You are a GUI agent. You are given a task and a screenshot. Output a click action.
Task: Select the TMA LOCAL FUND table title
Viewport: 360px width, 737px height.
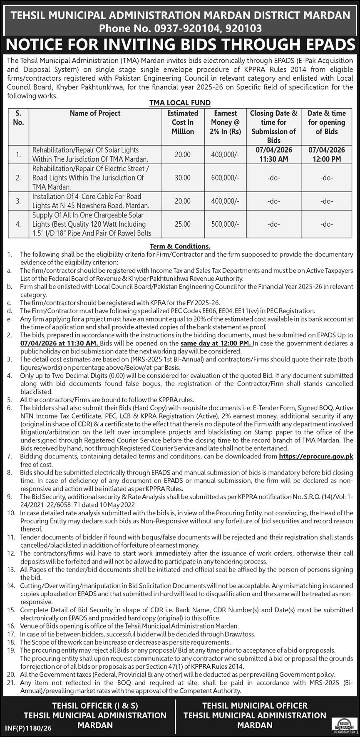coord(180,103)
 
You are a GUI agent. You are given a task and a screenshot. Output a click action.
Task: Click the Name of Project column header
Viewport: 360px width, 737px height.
coord(95,113)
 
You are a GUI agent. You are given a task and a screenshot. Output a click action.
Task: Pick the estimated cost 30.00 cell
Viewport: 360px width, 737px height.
coord(183,178)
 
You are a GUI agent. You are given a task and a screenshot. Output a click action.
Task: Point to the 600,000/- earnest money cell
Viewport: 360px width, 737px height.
coord(225,178)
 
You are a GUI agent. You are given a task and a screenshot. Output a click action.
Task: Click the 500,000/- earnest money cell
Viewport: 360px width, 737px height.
coord(225,224)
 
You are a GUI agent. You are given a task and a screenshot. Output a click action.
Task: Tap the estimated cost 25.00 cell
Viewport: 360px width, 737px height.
coord(183,224)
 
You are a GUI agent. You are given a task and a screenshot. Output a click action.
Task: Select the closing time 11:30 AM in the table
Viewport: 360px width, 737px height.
coord(273,159)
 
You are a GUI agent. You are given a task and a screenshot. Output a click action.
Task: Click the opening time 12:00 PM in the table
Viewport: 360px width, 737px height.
coord(327,159)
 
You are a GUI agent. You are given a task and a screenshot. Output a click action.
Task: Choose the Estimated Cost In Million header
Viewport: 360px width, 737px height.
coord(183,122)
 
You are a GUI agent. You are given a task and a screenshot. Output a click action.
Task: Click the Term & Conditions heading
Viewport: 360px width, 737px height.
coord(180,246)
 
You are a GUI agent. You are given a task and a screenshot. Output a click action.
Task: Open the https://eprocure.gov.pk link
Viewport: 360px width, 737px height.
coord(315,456)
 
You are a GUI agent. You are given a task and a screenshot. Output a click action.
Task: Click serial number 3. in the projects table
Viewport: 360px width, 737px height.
coord(18,201)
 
